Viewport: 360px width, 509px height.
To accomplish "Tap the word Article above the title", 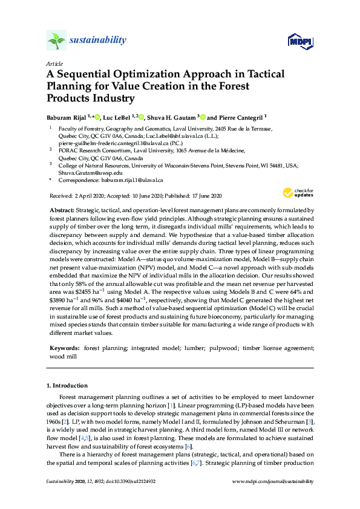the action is tap(54, 63).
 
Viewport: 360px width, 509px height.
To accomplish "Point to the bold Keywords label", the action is tap(64, 349).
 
